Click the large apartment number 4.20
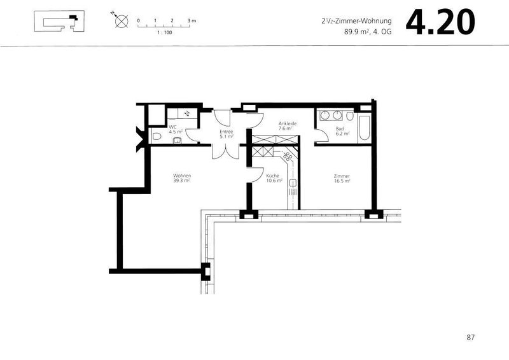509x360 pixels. point(440,22)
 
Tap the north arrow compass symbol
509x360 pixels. point(119,21)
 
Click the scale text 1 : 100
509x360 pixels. point(164,32)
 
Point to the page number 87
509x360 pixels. point(470,337)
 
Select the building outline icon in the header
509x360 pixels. point(60,24)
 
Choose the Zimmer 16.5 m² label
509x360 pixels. point(342,178)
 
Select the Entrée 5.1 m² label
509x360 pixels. point(227,134)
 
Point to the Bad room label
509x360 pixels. point(340,131)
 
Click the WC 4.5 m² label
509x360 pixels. point(172,130)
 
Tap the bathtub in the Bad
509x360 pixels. point(365,128)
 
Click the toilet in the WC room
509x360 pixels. point(157,137)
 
